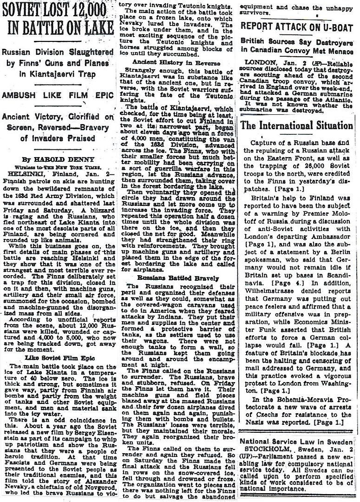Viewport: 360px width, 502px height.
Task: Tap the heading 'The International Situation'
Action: pyautogui.click(x=297, y=125)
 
